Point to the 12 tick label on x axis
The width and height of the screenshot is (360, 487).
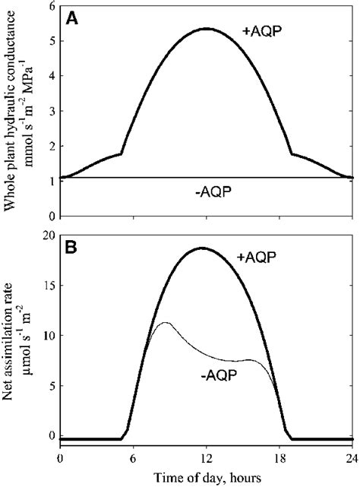(x=207, y=458)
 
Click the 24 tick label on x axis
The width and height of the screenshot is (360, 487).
(x=353, y=458)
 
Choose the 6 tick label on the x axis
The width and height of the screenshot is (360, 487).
(x=133, y=458)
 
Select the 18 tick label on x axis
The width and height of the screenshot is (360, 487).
(x=280, y=458)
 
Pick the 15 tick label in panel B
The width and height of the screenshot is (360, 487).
(x=47, y=286)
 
